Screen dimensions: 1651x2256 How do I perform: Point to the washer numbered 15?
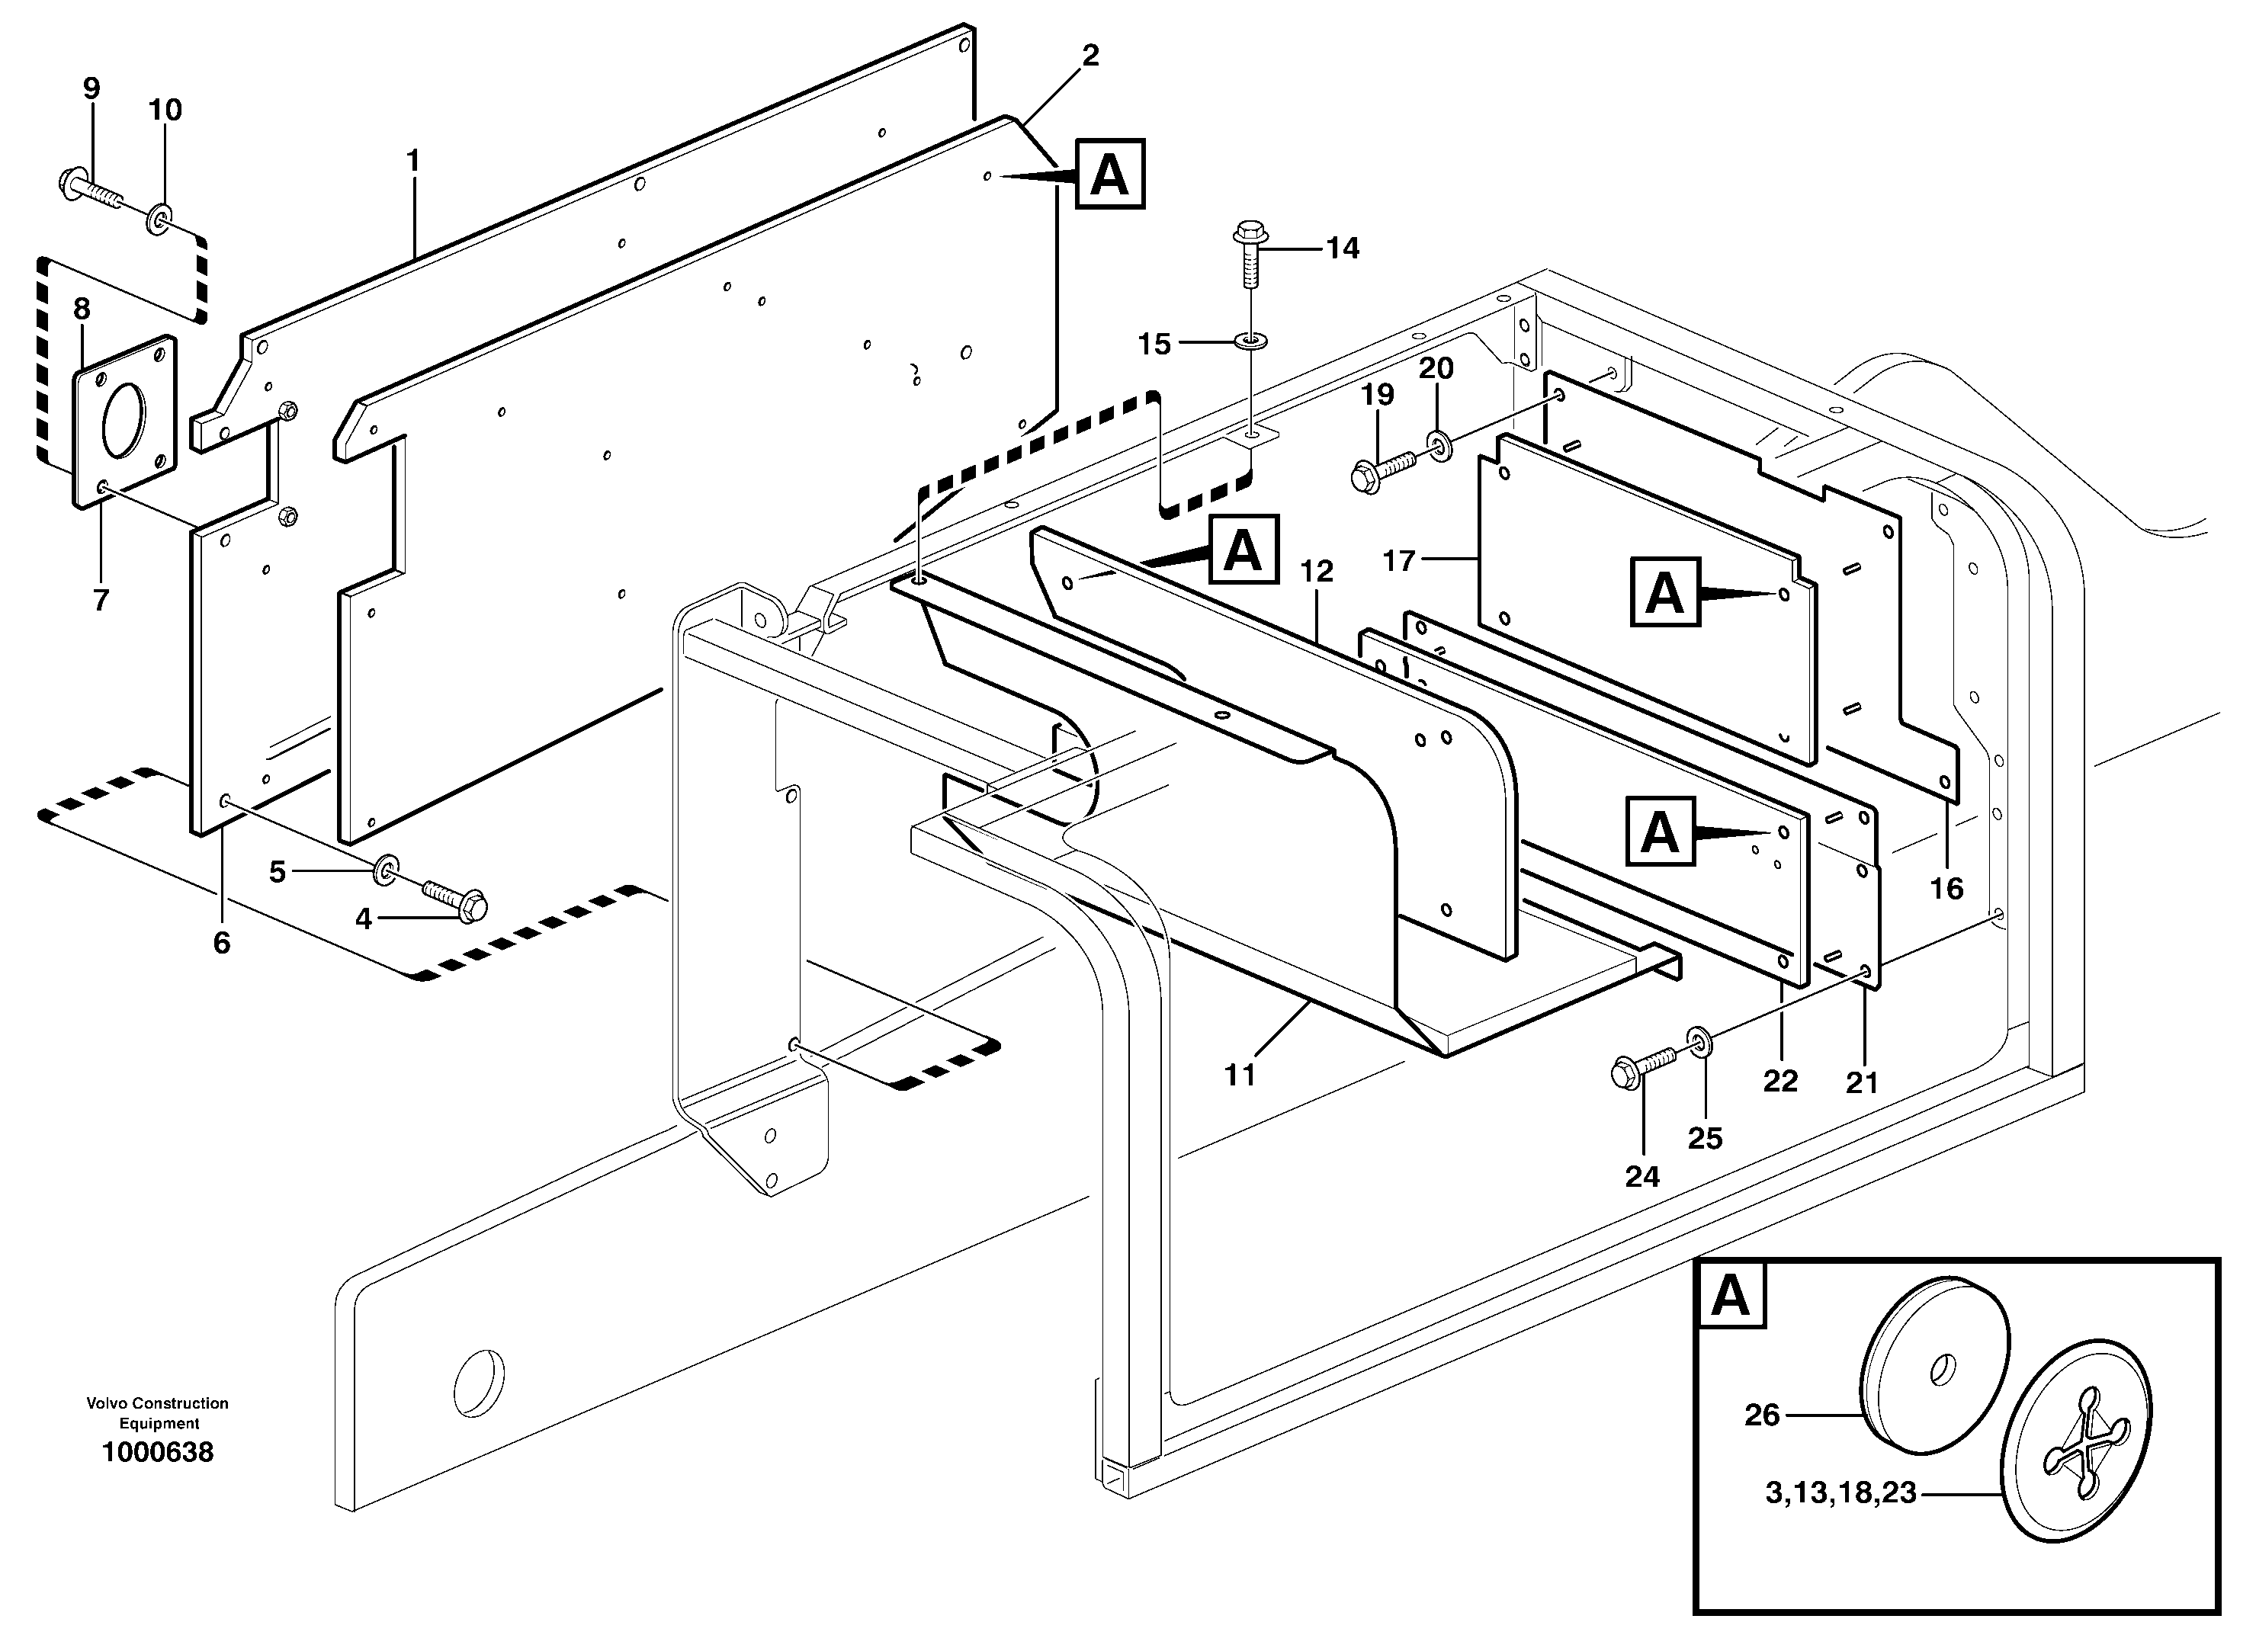pyautogui.click(x=1250, y=341)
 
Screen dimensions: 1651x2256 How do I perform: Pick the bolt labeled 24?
pyautogui.click(x=1643, y=1069)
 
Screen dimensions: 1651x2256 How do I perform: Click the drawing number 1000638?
pyautogui.click(x=158, y=1452)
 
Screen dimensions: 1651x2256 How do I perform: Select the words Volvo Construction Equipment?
pyautogui.click(x=158, y=1413)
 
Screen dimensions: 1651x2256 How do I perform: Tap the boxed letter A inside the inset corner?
pyautogui.click(x=1730, y=1297)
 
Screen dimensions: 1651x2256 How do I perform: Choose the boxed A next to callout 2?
pyautogui.click(x=1109, y=175)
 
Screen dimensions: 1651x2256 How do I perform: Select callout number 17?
pyautogui.click(x=1398, y=561)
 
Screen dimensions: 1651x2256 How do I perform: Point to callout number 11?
pyautogui.click(x=1240, y=1076)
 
